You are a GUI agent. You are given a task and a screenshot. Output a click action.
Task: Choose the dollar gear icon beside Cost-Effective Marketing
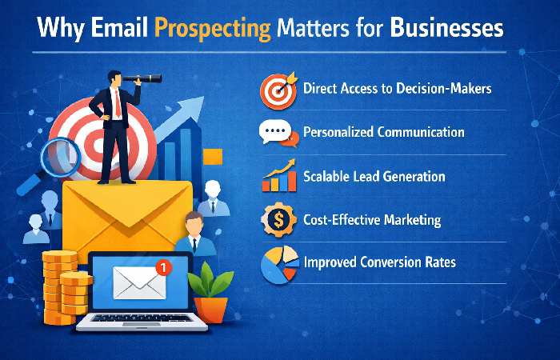click(x=278, y=219)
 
